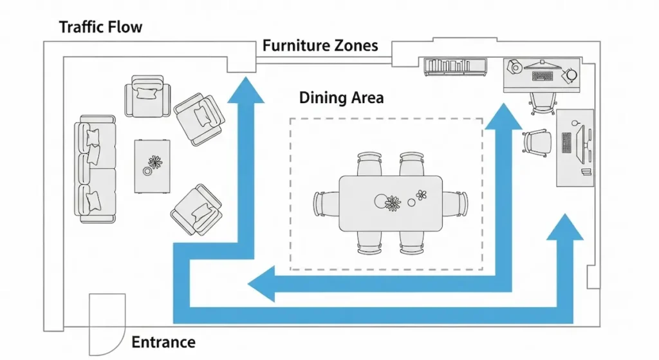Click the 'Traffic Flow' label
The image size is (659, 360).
(x=100, y=27)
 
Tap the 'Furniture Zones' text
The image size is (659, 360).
(x=320, y=46)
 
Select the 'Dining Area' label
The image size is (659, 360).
(x=341, y=98)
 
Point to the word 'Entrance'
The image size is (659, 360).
(x=163, y=342)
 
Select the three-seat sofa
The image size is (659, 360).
(x=96, y=169)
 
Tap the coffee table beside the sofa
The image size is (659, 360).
(x=153, y=166)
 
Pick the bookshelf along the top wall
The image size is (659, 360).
(x=454, y=67)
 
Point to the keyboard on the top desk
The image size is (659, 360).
(x=543, y=76)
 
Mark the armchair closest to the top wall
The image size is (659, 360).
(x=149, y=96)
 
